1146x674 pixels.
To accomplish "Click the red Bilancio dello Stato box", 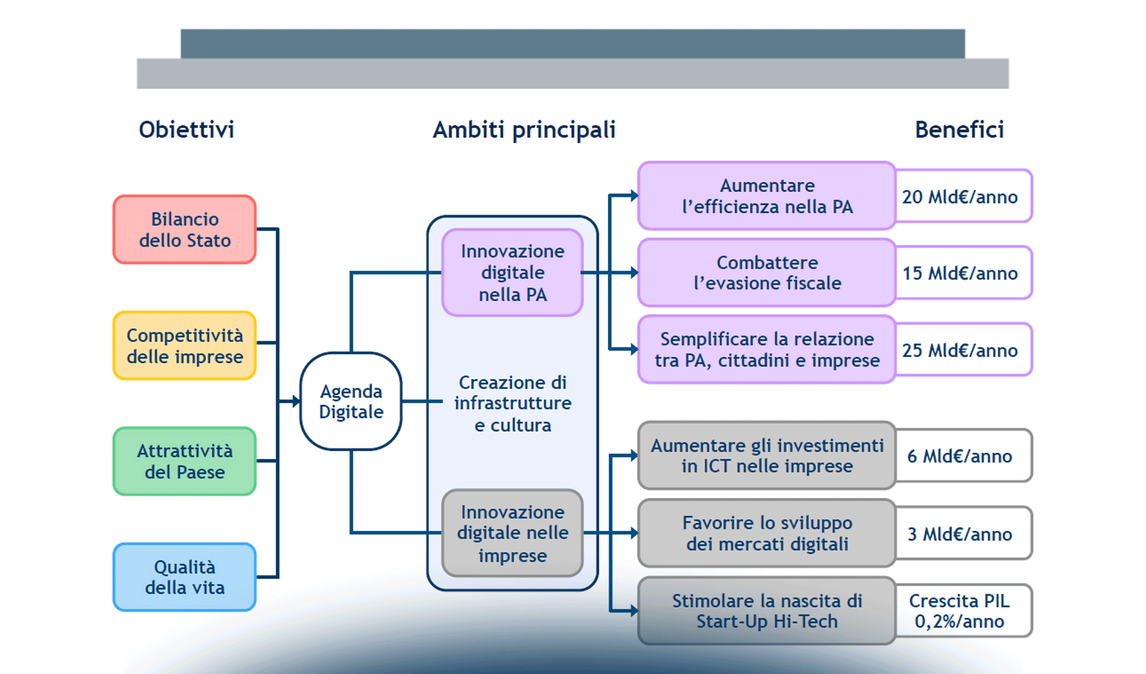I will click(x=185, y=230).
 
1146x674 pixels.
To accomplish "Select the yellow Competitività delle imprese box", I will click(x=185, y=346).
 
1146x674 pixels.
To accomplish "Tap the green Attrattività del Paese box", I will click(x=185, y=462).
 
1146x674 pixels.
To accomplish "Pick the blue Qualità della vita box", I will click(x=185, y=577).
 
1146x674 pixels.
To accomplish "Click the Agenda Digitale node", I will click(x=351, y=402).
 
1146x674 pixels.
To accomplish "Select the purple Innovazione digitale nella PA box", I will click(x=512, y=273).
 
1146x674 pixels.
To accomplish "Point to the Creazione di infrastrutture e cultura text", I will click(x=512, y=404).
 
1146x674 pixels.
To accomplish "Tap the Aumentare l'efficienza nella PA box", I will click(x=767, y=196).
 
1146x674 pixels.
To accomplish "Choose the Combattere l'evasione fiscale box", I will click(x=767, y=273).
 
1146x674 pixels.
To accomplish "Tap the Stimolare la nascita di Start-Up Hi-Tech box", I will click(x=767, y=611).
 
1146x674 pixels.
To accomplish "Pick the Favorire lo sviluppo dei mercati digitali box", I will click(x=767, y=534).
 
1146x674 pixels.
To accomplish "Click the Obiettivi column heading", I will click(x=187, y=130).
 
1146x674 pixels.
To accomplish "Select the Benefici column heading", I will click(x=959, y=130).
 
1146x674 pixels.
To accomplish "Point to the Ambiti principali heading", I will click(x=524, y=130).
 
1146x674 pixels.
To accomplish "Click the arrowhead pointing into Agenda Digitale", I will click(x=297, y=402).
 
